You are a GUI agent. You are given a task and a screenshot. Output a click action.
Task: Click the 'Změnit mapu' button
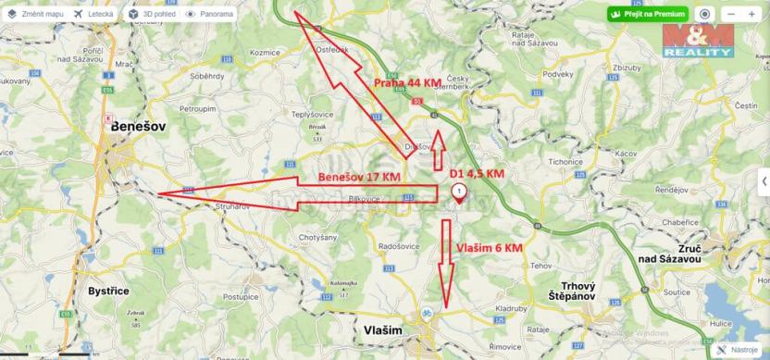coord(38,14)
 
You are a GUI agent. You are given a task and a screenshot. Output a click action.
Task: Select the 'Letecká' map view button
coord(95,14)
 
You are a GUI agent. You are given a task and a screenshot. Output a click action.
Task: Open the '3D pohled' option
coord(151,14)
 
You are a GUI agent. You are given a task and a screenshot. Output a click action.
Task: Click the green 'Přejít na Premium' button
coord(648,15)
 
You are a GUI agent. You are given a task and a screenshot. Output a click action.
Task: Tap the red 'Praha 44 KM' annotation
coord(407,83)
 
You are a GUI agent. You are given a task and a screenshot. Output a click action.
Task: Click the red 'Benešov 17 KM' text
coord(359,176)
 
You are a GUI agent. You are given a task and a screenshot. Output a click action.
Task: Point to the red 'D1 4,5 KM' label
coord(477,173)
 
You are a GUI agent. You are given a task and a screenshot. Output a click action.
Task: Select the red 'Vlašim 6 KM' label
coord(490,248)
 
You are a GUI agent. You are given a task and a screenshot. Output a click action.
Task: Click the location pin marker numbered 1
coord(458,192)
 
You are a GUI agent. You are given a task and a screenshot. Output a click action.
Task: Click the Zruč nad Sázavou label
coord(721,230)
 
